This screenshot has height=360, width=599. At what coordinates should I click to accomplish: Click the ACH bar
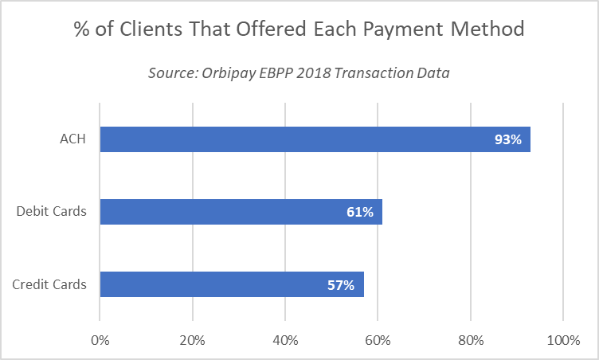[315, 140]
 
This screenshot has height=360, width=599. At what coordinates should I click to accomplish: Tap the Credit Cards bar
[231, 284]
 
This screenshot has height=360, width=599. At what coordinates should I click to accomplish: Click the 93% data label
[507, 140]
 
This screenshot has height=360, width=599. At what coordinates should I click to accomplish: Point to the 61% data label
[359, 212]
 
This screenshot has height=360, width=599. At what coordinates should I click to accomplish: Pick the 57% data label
[341, 284]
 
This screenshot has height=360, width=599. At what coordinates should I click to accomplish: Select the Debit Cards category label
[52, 212]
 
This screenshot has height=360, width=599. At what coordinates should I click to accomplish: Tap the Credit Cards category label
[50, 284]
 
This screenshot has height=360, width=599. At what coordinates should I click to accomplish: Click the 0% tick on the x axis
[100, 341]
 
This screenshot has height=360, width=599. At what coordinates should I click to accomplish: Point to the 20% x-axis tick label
[192, 341]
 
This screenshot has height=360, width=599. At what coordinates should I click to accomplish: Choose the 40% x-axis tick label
[285, 341]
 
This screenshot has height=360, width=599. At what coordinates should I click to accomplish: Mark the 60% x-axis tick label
[378, 341]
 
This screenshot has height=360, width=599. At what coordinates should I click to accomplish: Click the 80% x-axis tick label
[471, 341]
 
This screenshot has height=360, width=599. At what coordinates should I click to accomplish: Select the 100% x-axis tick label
[564, 341]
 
